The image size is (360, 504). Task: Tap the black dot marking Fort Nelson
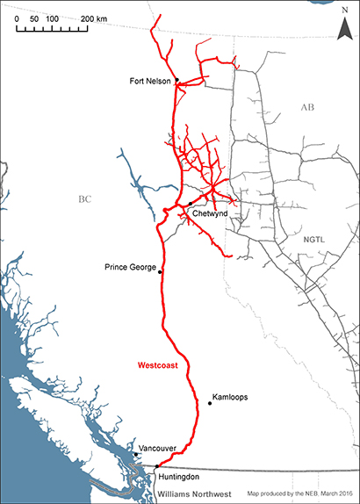tap(176, 80)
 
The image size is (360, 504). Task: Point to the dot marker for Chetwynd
tap(190, 203)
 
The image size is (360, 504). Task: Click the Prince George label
tap(129, 266)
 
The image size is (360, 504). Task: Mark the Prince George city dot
tap(160, 272)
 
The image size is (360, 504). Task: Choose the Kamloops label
tap(230, 397)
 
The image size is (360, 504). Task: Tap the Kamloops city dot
tap(210, 403)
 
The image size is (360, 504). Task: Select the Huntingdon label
tap(181, 476)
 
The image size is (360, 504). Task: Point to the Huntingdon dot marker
tap(157, 467)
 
